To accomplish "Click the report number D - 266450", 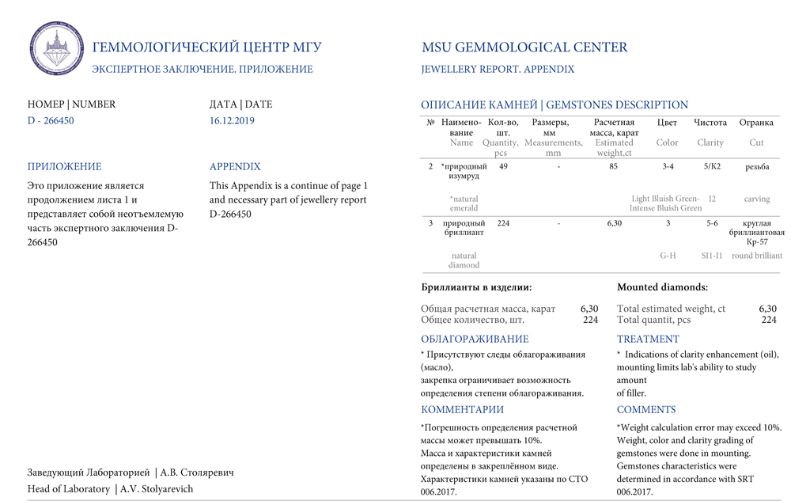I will pyautogui.click(x=51, y=121).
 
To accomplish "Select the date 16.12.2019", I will pyautogui.click(x=232, y=121).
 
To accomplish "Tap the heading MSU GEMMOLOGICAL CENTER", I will pyautogui.click(x=524, y=47).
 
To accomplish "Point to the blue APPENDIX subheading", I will pyautogui.click(x=235, y=167).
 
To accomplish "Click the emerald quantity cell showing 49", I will pyautogui.click(x=503, y=167).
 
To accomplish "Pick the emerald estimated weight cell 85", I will pyautogui.click(x=614, y=167).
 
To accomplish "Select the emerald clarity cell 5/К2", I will pyautogui.click(x=712, y=167).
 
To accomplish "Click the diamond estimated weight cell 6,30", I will pyautogui.click(x=614, y=224).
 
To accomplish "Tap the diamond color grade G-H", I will pyautogui.click(x=668, y=256).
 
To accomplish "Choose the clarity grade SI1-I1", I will pyautogui.click(x=712, y=256).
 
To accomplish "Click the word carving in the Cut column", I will pyautogui.click(x=757, y=199).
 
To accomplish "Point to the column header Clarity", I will pyautogui.click(x=710, y=143).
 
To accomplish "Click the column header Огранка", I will pyautogui.click(x=756, y=123).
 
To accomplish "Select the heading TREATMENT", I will pyautogui.click(x=648, y=340).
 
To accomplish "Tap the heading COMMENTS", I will pyautogui.click(x=646, y=410).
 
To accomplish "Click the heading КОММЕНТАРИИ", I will pyautogui.click(x=462, y=410).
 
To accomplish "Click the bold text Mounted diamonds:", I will pyautogui.click(x=662, y=288).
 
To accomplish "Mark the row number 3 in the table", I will pyautogui.click(x=431, y=224).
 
